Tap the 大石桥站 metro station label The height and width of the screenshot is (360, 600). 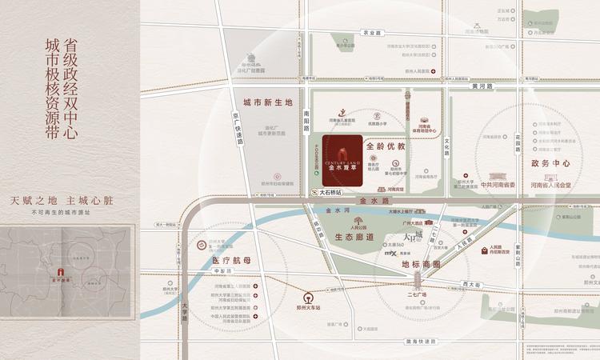tap(330, 193)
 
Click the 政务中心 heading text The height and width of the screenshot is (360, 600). tap(550, 163)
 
